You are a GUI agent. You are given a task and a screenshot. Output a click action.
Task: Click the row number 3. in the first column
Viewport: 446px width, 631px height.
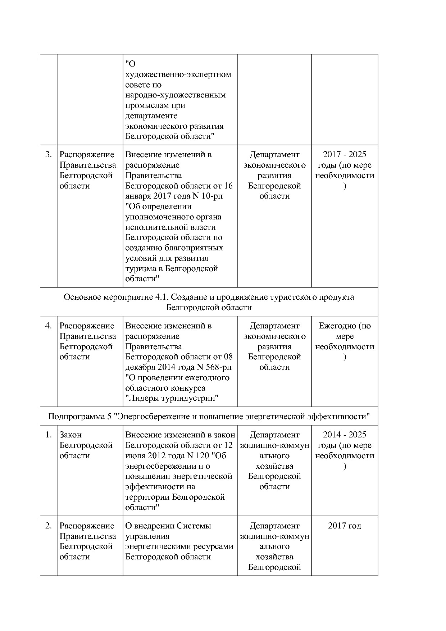[48, 155]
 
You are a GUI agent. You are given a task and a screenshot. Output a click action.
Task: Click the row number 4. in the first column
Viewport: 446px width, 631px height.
[48, 326]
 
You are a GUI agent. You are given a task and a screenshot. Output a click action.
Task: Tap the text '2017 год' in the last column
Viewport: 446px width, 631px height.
[345, 526]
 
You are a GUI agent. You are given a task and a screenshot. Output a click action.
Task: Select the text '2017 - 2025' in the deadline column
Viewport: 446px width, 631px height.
[345, 155]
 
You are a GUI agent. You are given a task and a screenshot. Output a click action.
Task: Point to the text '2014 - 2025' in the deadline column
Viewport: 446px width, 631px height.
[345, 435]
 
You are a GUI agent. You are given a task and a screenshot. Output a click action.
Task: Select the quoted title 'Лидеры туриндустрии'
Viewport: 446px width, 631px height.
[172, 399]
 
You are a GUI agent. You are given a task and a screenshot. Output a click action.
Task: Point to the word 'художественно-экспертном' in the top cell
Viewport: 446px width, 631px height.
[178, 75]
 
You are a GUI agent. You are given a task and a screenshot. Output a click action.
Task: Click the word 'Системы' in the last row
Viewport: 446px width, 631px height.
[194, 526]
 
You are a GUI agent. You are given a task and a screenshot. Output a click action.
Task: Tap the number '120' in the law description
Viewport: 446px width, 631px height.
[203, 456]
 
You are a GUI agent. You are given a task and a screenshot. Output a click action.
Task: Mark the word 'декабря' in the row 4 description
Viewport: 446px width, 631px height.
[139, 367]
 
